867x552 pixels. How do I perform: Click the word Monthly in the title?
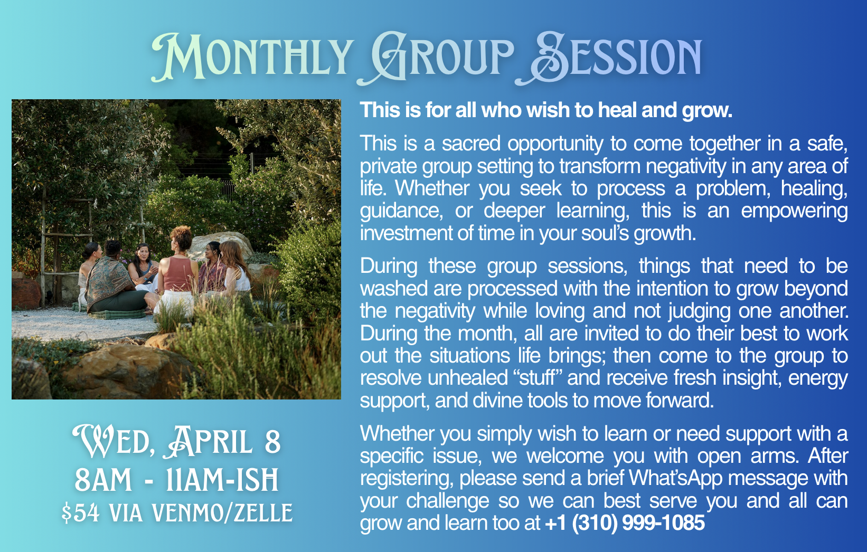pos(251,57)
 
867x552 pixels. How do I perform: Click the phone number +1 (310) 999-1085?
pos(625,522)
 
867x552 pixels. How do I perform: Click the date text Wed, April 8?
pos(176,441)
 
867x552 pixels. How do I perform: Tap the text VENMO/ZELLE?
pos(222,513)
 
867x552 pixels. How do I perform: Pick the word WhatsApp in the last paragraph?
pos(675,478)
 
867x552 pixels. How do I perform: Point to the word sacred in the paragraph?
pos(471,144)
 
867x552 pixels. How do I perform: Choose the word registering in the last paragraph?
pos(407,479)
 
